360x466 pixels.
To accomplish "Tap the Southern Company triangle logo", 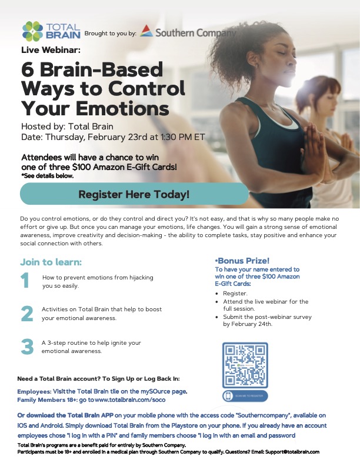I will click(x=147, y=31).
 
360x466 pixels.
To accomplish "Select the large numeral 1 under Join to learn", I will click(x=26, y=280).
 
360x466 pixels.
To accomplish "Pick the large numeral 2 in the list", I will click(x=26, y=314).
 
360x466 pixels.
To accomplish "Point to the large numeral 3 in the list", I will click(x=27, y=347).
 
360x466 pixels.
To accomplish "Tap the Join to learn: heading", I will click(x=51, y=262).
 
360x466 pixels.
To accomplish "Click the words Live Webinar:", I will click(x=46, y=50).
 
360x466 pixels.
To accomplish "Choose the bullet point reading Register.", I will click(x=236, y=292).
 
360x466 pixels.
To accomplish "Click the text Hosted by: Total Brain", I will click(x=67, y=127).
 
